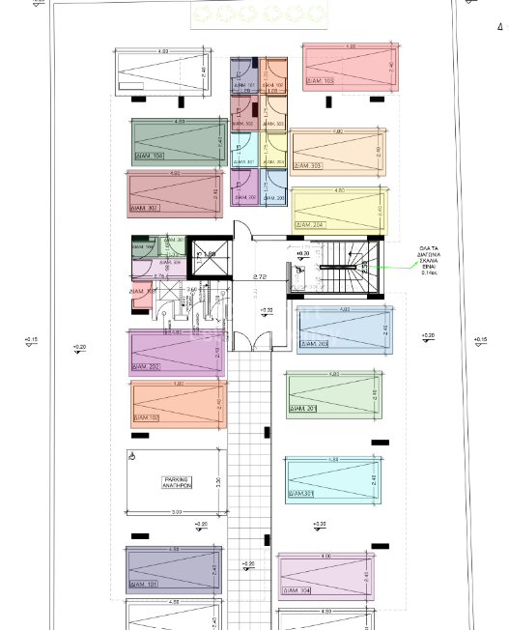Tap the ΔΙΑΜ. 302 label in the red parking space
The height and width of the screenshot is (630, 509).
click(x=145, y=208)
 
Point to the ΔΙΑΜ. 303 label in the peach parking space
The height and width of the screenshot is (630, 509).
click(x=310, y=166)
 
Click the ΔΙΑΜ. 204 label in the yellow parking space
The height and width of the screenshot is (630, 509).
click(x=311, y=225)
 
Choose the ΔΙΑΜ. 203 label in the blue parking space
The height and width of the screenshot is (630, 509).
click(x=315, y=344)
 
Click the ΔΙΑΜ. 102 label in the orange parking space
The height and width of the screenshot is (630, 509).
click(x=147, y=417)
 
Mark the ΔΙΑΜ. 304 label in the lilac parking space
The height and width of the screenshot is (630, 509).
click(x=296, y=590)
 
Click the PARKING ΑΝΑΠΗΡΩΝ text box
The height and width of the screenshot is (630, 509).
click(x=177, y=482)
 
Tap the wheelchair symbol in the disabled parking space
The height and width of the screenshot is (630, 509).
click(x=132, y=457)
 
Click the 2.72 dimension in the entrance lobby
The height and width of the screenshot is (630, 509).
click(x=259, y=277)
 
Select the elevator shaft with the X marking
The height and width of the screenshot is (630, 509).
click(x=207, y=257)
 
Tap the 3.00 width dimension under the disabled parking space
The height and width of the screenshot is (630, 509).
click(x=176, y=512)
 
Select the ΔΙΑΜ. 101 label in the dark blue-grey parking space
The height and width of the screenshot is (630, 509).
click(x=145, y=585)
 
